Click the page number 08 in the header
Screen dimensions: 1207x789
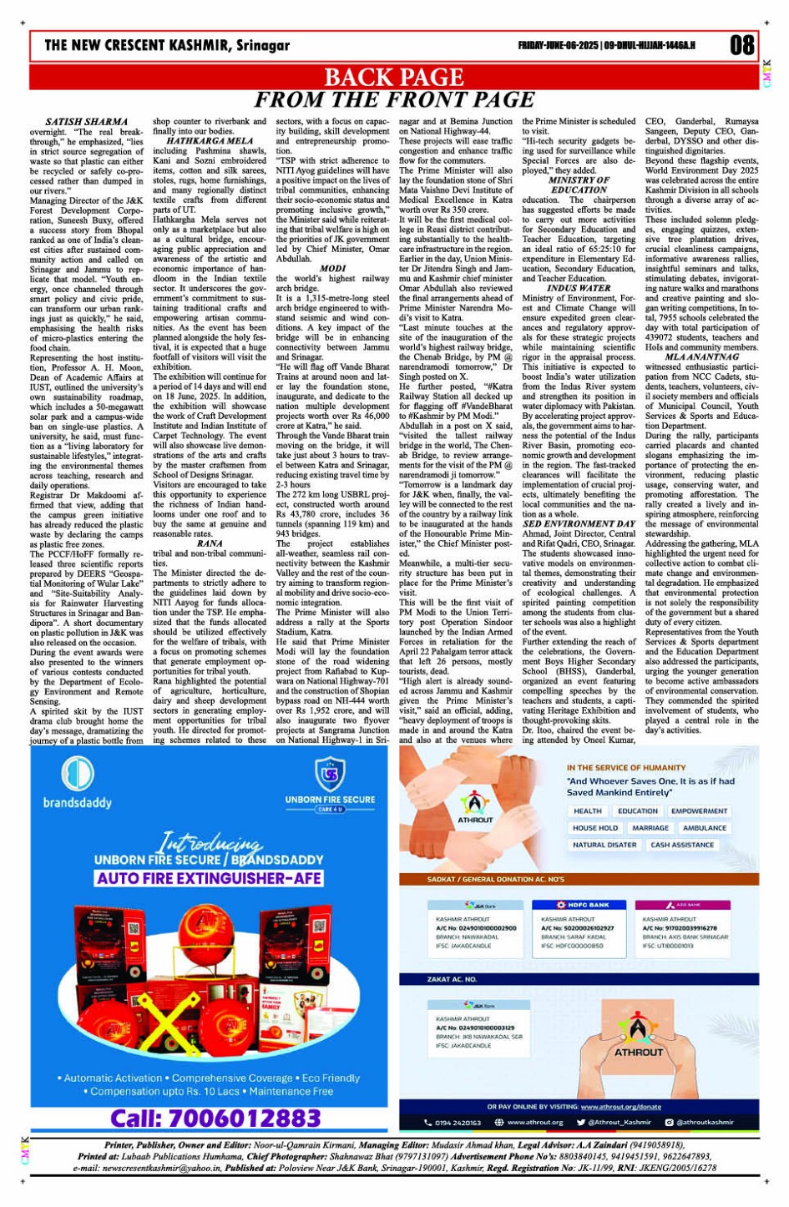(742, 44)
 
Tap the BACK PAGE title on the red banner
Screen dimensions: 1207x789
(393, 78)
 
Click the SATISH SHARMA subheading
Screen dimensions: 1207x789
(87, 122)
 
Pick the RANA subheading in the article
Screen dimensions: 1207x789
(210, 543)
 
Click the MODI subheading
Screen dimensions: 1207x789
(332, 269)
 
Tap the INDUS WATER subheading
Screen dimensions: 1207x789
(579, 288)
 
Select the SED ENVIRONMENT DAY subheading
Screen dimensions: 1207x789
(579, 524)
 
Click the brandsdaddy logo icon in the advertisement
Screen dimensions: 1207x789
(78, 775)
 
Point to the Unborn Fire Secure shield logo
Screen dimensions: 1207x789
(330, 775)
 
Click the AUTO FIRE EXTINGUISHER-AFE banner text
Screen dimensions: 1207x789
(209, 878)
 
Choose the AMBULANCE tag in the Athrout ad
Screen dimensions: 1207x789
(704, 828)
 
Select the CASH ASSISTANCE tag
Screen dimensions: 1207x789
(682, 845)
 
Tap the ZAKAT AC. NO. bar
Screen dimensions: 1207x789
(452, 979)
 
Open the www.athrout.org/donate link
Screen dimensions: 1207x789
(620, 1107)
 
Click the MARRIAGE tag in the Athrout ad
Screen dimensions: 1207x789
(650, 828)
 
